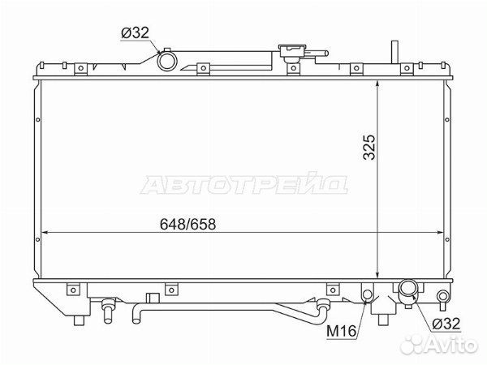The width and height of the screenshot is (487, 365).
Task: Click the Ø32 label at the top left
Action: click(x=135, y=33)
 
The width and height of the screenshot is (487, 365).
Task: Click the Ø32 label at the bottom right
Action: click(x=446, y=324)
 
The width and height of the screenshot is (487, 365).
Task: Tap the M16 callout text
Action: click(x=341, y=331)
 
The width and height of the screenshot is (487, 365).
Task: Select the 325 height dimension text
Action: click(x=369, y=147)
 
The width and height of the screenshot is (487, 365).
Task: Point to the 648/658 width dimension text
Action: click(x=187, y=224)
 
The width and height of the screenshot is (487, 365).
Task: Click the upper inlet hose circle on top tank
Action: click(x=167, y=61)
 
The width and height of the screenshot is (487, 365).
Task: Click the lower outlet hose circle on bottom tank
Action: click(x=408, y=288)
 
